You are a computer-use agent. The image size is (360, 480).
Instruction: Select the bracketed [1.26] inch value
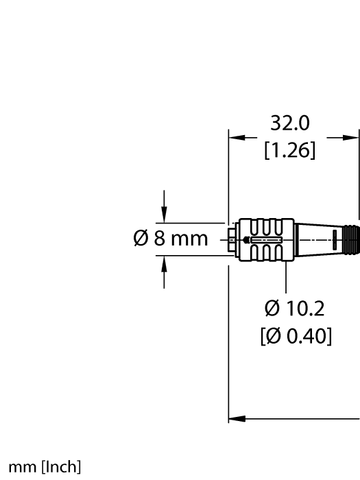(290, 150)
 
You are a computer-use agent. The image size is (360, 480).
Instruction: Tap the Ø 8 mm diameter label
(169, 240)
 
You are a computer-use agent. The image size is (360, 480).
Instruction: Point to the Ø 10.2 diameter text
(295, 309)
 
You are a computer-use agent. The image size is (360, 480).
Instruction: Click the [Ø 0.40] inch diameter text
(296, 337)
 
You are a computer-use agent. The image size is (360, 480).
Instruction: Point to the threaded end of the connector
(352, 240)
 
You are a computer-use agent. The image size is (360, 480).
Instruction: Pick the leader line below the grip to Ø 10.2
(285, 278)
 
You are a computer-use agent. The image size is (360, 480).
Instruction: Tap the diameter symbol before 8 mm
(139, 240)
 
